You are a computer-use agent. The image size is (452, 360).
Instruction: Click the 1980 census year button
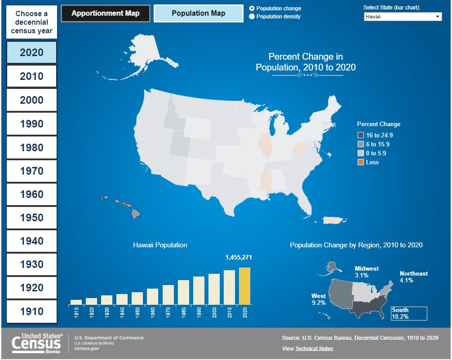pos(31,148)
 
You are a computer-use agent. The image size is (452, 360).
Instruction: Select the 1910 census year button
pos(31,312)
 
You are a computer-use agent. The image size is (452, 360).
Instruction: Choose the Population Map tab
pos(198,13)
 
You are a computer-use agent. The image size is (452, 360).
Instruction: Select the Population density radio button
pos(252,17)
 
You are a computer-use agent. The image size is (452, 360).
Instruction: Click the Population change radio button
pos(252,9)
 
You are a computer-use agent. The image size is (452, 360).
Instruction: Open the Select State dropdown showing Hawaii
pos(403,17)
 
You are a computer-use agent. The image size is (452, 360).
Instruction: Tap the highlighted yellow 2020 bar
pos(245,286)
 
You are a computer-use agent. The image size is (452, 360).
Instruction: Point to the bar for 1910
pos(76,302)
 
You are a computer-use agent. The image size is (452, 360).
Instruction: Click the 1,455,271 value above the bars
pos(238,258)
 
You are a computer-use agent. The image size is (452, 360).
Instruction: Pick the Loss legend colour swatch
pos(360,162)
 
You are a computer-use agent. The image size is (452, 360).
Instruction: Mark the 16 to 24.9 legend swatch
pos(360,136)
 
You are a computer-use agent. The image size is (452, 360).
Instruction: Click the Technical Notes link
pos(314,349)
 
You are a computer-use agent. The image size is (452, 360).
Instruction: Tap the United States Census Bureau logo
pos(37,343)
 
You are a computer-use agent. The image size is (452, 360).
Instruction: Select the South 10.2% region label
pos(408,313)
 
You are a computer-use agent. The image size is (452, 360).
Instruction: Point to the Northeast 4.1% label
pos(413,277)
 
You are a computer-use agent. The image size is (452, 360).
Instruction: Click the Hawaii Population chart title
pos(160,245)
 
